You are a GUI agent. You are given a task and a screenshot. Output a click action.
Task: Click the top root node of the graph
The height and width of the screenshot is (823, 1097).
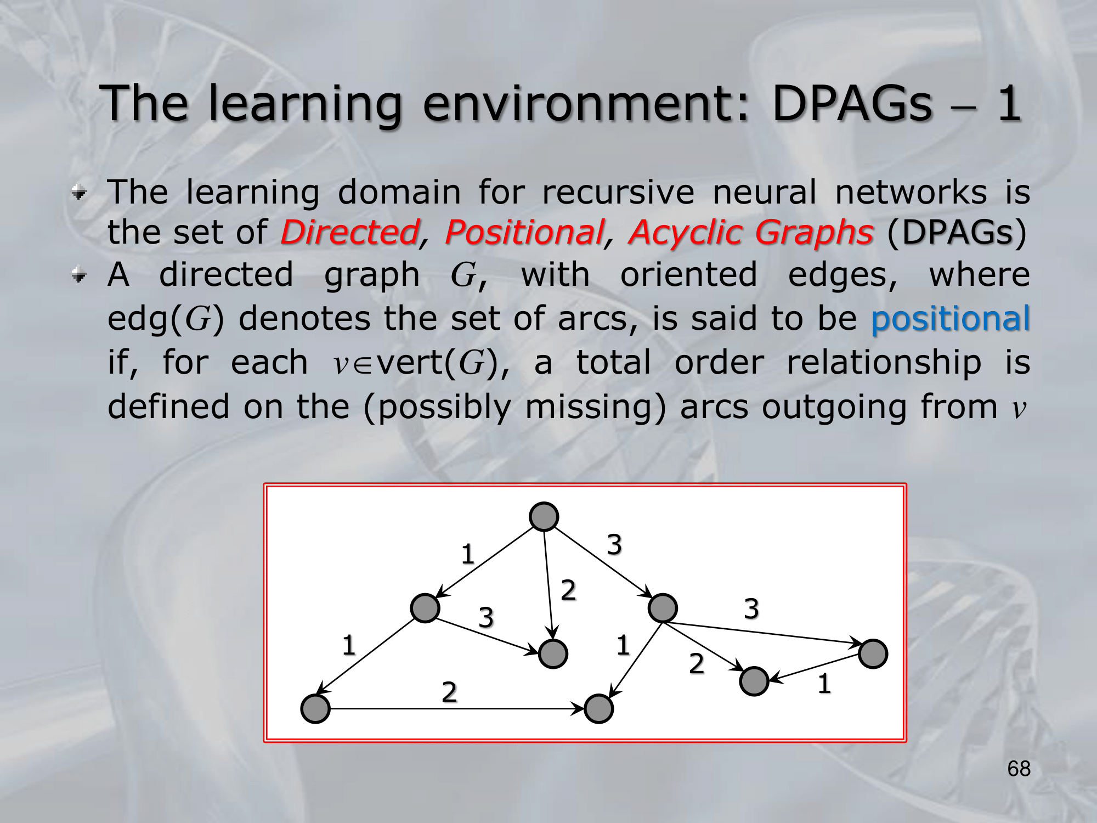click(544, 516)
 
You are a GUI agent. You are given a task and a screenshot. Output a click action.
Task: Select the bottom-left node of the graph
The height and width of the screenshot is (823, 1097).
click(315, 708)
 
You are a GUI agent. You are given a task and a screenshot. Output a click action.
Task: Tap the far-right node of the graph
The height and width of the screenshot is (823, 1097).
click(873, 653)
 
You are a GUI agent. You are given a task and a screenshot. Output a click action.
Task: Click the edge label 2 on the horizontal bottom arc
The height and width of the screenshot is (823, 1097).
click(449, 691)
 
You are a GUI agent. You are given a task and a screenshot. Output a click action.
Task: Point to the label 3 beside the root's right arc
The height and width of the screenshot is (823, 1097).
click(614, 544)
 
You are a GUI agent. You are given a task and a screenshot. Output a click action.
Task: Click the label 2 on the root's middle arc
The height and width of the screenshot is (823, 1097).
click(568, 590)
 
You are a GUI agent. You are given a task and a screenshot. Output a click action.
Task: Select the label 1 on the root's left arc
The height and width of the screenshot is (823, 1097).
click(467, 554)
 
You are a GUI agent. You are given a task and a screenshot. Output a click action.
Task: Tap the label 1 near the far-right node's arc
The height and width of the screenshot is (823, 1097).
click(824, 684)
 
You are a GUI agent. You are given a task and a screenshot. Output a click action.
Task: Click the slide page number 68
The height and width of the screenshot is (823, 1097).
click(1019, 769)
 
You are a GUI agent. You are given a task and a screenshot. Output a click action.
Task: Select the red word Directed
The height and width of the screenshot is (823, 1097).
click(350, 232)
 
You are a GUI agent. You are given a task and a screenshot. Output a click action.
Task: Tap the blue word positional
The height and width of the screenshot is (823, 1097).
click(951, 319)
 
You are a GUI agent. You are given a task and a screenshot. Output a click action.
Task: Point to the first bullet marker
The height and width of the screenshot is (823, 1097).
click(80, 193)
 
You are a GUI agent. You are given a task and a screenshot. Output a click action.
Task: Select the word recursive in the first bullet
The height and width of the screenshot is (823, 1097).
click(618, 193)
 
